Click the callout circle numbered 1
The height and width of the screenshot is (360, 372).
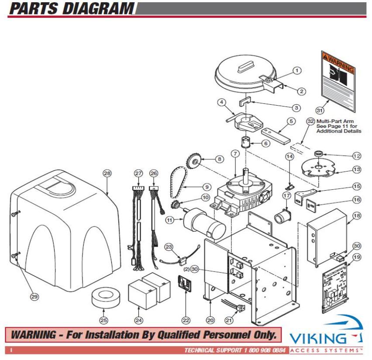[x=297, y=70]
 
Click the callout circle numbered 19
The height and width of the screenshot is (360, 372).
[x=356, y=257]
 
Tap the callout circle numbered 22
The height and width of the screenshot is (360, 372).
[x=186, y=320]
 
